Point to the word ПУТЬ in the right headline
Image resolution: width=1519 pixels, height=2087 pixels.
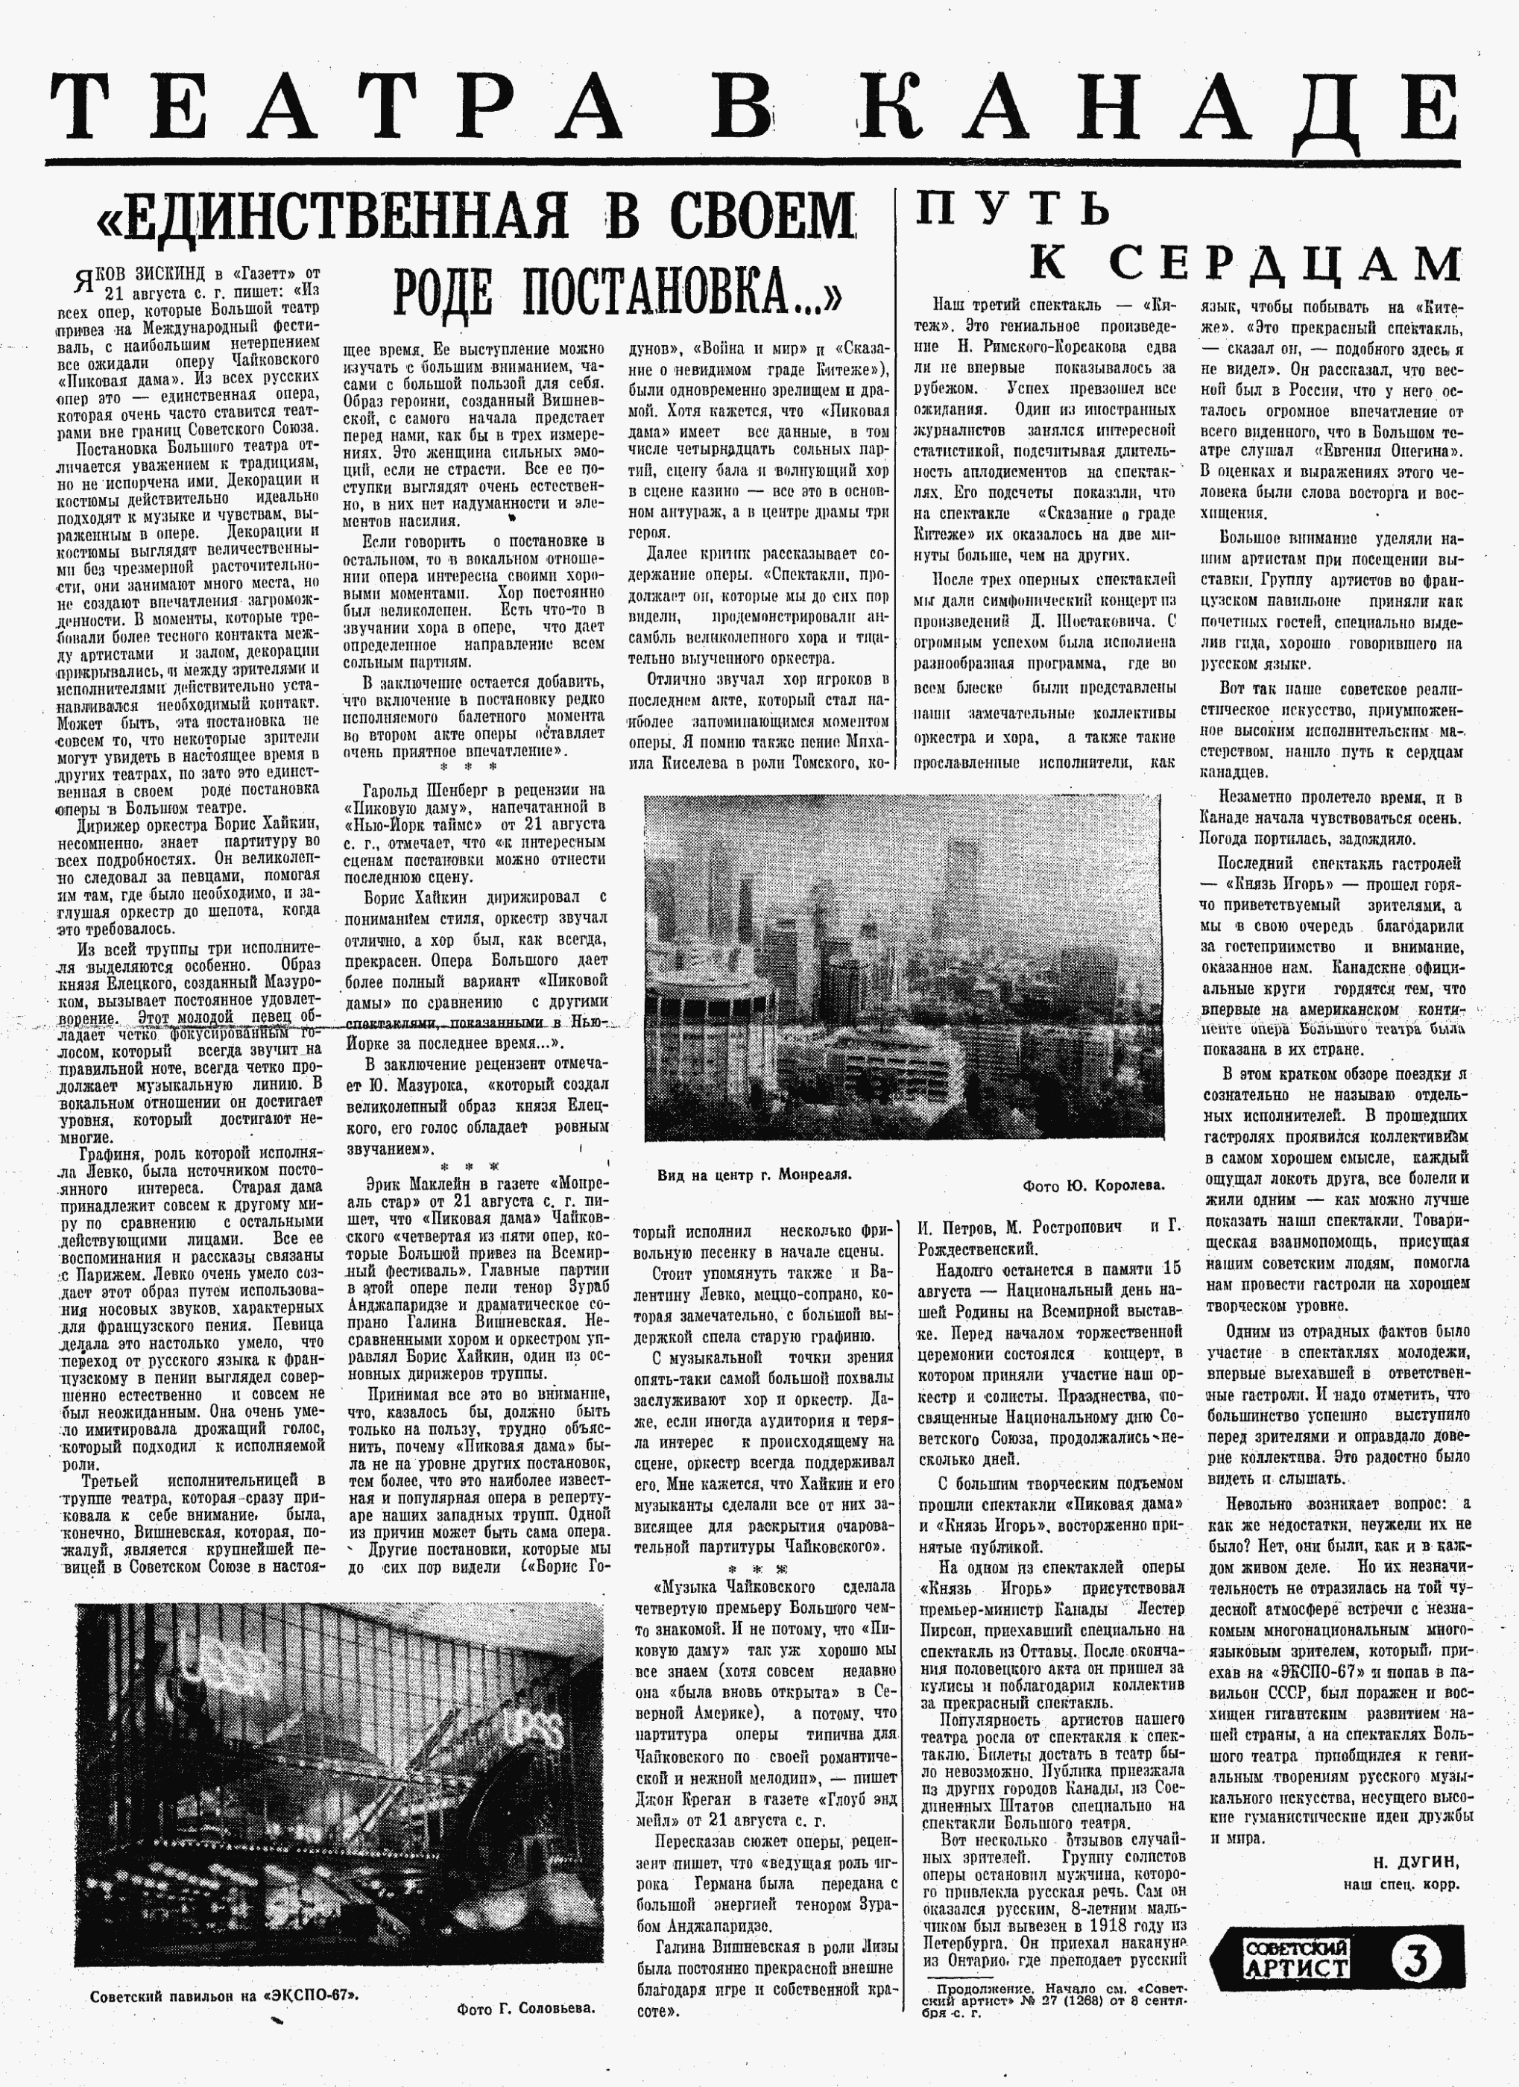point(1013,209)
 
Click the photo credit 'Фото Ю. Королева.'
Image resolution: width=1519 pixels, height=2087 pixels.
point(1093,1185)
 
